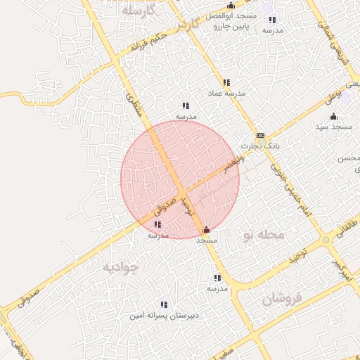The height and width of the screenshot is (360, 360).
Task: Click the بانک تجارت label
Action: pos(260,146)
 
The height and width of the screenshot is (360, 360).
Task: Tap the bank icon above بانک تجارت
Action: pos(260,135)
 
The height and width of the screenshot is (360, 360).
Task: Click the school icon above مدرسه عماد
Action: pos(226,82)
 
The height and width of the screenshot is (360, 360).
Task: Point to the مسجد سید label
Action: pos(333,127)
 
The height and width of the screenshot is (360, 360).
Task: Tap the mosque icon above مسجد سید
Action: pos(333,116)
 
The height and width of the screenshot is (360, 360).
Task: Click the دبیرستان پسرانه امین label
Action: pos(164,316)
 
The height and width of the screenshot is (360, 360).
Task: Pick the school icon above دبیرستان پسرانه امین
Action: pos(164,304)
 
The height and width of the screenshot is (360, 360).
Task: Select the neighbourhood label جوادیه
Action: pos(121,267)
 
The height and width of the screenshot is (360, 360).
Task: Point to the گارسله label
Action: pos(137,12)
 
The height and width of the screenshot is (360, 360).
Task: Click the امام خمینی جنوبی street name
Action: pos(294,190)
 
